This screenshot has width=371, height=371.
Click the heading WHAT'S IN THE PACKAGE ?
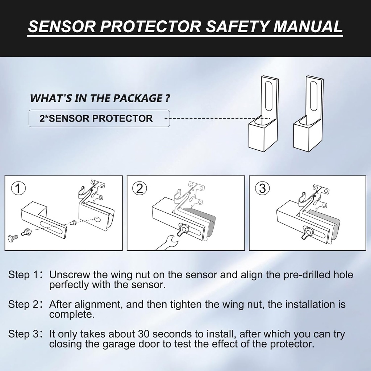(100, 98)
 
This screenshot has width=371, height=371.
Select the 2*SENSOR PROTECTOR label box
(99, 118)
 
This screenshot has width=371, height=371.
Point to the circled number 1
(18, 188)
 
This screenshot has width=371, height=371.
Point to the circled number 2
(140, 188)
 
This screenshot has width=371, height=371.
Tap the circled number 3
(263, 188)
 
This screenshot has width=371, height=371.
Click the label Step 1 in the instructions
(23, 275)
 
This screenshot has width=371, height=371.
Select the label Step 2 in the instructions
(23, 304)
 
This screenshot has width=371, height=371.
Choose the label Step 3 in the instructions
(23, 334)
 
